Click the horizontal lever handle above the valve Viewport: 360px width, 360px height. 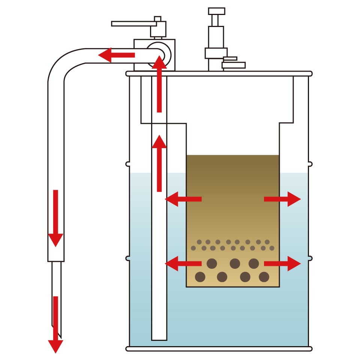click(131, 24)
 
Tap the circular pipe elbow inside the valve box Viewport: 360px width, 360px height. click(158, 55)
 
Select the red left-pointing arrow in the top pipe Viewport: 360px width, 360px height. click(116, 55)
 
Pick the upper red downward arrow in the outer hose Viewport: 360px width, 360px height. click(55, 217)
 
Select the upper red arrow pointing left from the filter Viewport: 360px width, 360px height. click(183, 199)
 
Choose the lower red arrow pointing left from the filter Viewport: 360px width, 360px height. click(183, 264)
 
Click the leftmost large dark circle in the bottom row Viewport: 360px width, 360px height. click(200, 277)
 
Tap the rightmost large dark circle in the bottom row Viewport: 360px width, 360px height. click(264, 277)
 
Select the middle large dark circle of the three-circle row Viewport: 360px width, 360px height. click(235, 263)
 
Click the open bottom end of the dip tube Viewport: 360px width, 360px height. click(159, 339)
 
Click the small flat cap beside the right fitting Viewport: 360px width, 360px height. click(233, 65)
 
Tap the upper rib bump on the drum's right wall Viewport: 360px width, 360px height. click(310, 164)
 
